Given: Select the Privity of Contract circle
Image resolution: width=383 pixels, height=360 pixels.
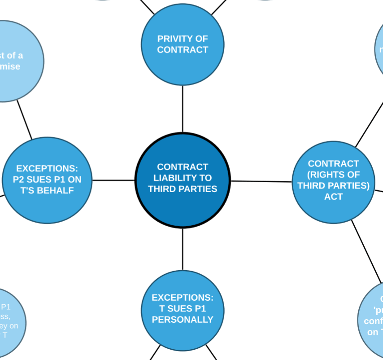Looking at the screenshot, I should [183, 44].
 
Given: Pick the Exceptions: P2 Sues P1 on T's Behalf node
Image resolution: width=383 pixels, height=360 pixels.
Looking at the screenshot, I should [47, 180].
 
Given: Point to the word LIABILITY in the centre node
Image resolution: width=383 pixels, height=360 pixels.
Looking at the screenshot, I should [183, 178].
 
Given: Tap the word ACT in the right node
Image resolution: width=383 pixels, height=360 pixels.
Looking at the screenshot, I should [333, 197].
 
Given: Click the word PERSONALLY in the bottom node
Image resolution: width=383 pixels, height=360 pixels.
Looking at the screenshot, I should [183, 320].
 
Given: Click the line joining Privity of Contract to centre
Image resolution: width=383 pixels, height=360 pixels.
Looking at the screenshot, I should [183, 109].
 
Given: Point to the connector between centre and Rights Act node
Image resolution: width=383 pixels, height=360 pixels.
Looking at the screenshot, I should [261, 181].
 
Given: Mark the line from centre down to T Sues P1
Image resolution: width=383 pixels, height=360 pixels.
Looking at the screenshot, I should [183, 249].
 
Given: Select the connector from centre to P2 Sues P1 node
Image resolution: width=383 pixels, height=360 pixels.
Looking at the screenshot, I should [113, 180].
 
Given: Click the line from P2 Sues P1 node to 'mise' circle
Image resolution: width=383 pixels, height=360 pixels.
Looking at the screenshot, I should [25, 119].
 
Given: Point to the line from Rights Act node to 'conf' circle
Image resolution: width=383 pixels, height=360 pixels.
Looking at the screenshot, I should [366, 251].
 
